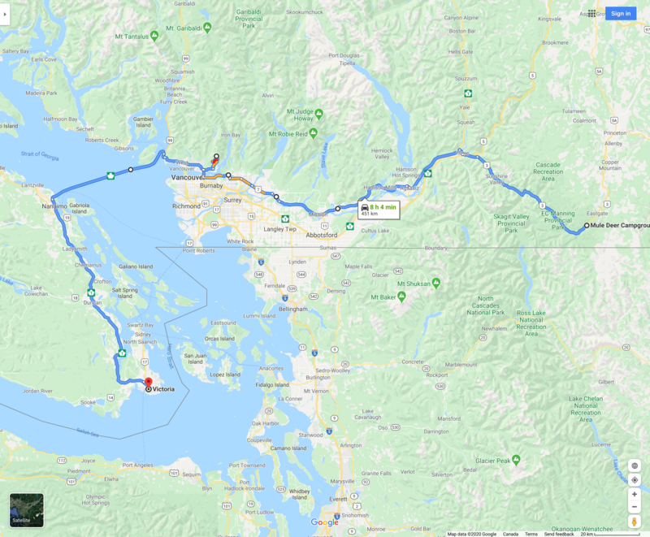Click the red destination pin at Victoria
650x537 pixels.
(148, 383)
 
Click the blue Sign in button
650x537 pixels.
(621, 13)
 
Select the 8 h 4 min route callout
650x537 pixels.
(379, 210)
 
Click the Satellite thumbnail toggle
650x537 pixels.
(27, 509)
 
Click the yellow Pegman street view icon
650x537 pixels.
(635, 521)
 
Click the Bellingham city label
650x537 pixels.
(291, 309)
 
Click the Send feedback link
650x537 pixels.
(559, 534)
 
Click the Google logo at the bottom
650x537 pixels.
(325, 522)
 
